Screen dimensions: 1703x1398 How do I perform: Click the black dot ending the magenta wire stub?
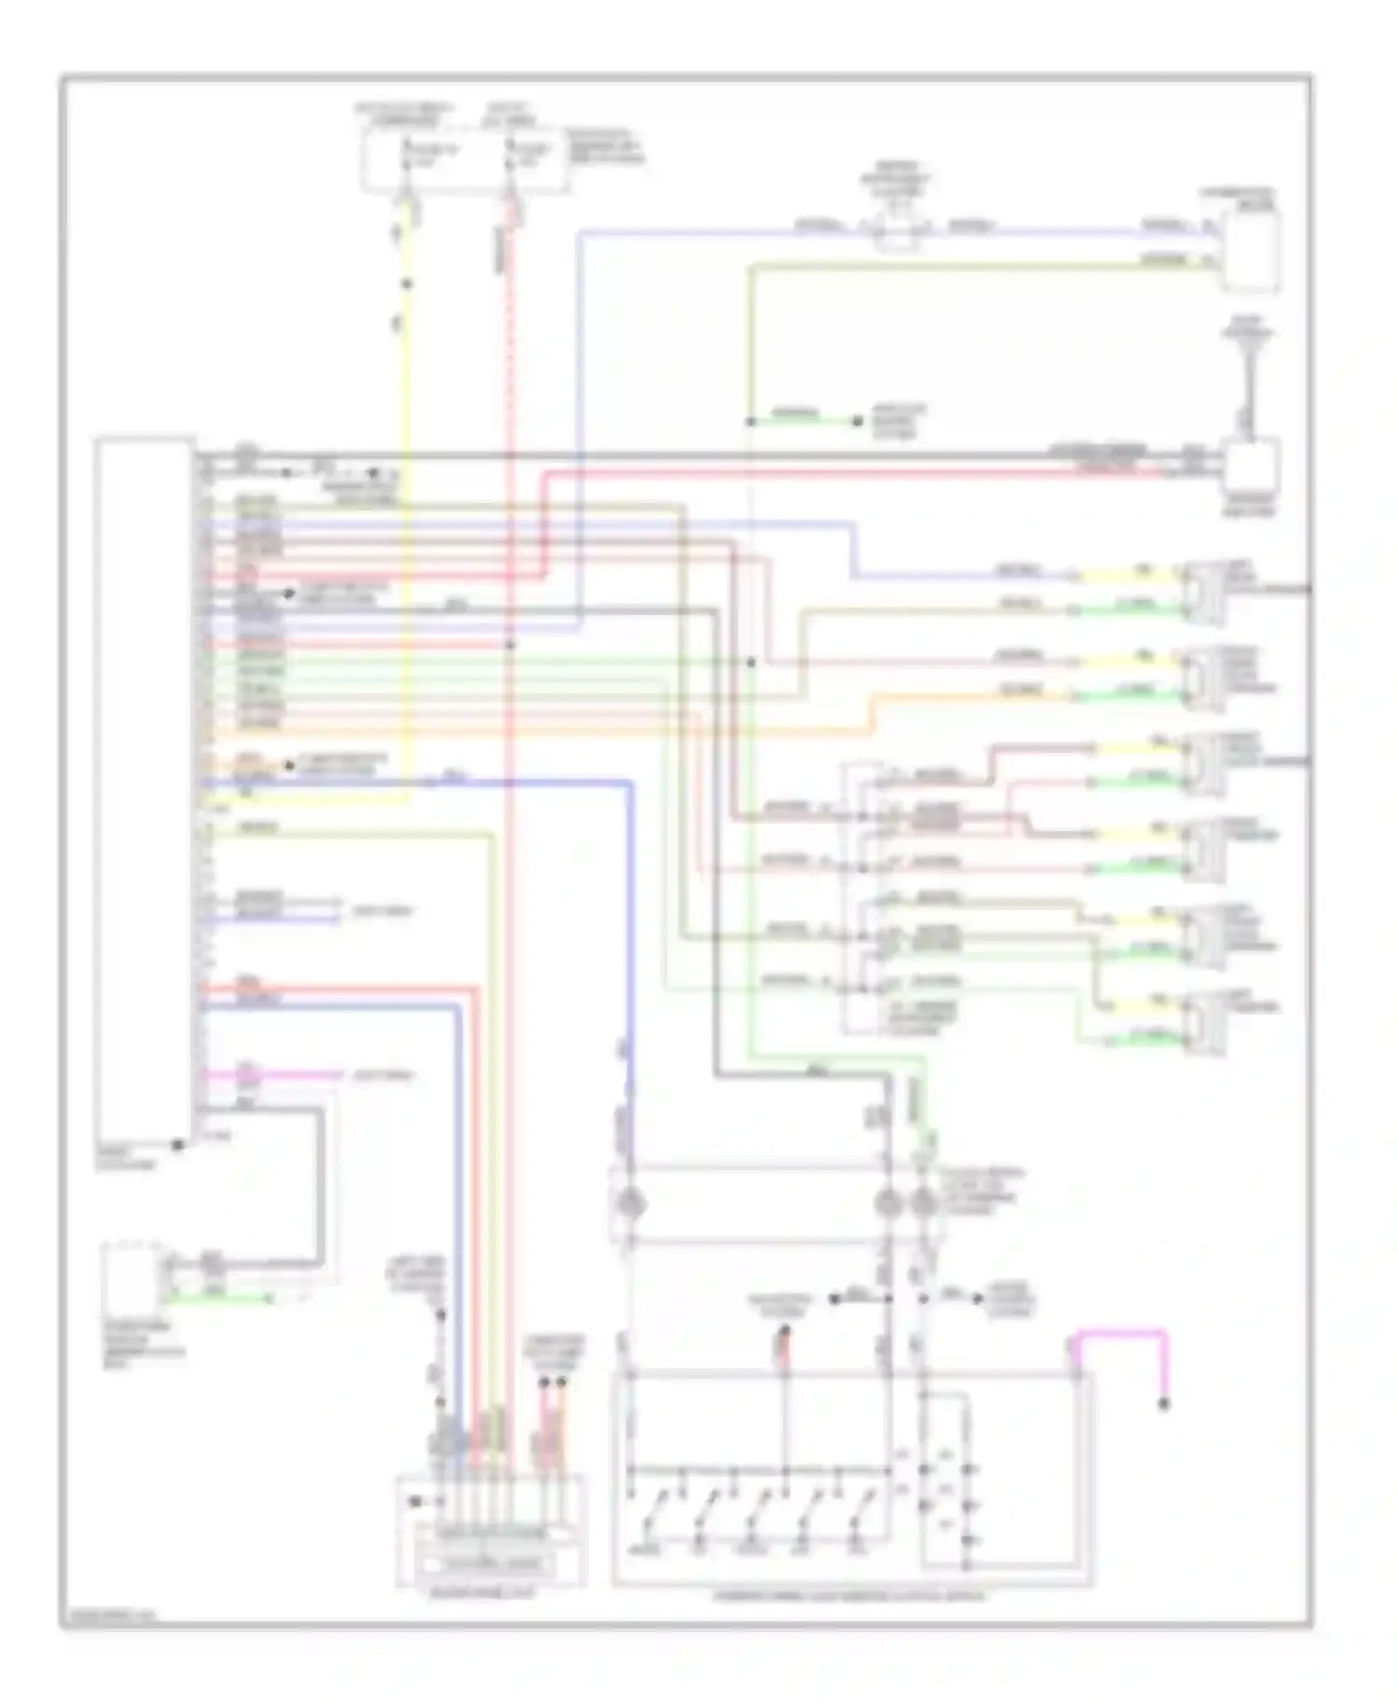[1164, 1404]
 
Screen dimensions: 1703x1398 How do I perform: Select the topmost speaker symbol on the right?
[1203, 588]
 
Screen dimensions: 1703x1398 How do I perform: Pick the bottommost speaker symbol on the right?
[1203, 1024]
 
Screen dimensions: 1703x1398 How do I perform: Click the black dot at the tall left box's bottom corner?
[177, 1144]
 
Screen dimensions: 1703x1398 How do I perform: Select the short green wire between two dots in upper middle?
[802, 422]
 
